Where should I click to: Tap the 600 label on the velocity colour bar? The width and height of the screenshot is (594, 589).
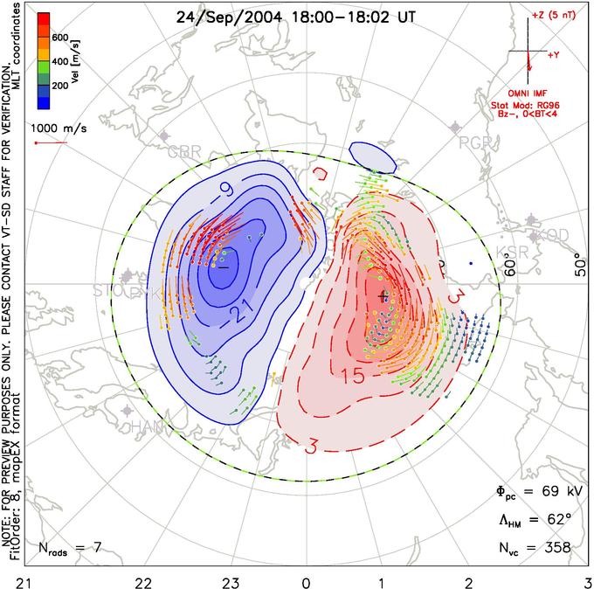[x=59, y=38]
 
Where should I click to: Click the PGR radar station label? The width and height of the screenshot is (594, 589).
[x=475, y=142]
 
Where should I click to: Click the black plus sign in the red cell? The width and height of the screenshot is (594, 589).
[x=382, y=296]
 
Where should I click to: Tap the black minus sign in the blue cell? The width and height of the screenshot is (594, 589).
[x=221, y=267]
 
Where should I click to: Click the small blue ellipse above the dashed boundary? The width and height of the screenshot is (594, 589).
[x=371, y=157]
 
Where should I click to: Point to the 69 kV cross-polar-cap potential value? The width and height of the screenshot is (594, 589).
[x=549, y=490]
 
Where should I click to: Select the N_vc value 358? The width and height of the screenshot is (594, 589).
[x=556, y=548]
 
